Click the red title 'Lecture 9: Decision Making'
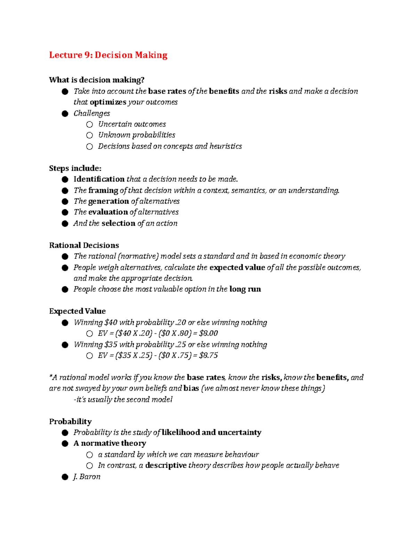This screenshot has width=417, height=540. (108, 55)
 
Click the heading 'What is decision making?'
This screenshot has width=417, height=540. (97, 80)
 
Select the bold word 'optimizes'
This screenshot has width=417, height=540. (108, 102)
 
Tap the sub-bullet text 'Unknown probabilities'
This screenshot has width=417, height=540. (137, 135)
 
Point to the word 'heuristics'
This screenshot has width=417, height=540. (226, 146)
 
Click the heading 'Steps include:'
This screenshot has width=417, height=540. (75, 168)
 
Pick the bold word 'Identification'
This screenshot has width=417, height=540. (99, 179)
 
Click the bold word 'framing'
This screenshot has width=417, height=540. (103, 190)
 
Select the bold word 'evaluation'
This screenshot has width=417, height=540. (108, 212)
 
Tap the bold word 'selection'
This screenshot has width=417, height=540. (118, 223)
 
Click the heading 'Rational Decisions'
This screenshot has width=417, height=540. (84, 245)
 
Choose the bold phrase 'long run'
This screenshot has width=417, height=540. (245, 289)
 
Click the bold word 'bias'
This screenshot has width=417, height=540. (191, 388)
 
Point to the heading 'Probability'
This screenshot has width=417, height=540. (71, 421)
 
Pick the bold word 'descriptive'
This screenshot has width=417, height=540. (166, 465)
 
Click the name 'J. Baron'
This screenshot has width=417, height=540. (87, 476)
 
